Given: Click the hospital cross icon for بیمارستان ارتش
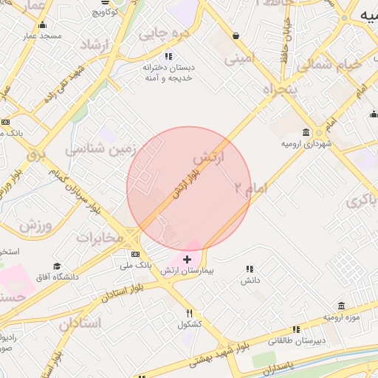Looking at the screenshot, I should pos(188,259).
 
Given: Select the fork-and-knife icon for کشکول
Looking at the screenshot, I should pos(190,312).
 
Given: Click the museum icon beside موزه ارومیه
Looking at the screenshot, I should pos(341,306).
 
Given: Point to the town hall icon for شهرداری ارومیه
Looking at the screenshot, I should pos(318,132).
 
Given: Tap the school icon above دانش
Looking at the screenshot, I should pos(250,269).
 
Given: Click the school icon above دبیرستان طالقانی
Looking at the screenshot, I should pos(296,329).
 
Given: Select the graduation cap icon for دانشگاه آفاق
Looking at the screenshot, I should pos(58,266).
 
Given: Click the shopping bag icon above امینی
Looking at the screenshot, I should pos(236,35).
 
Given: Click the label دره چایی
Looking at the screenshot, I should pos(165,33).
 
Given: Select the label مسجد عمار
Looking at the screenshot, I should pos(41,35).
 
